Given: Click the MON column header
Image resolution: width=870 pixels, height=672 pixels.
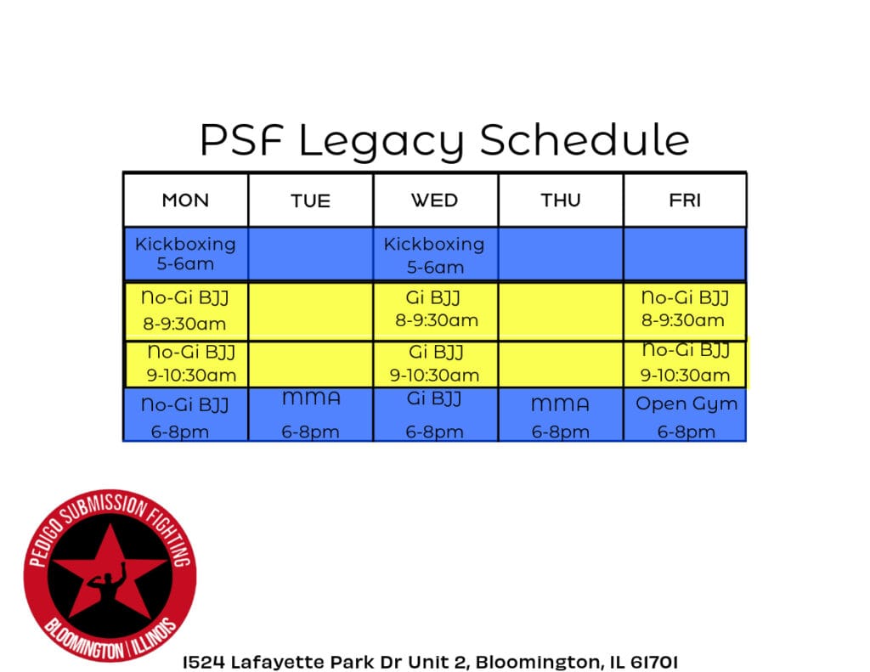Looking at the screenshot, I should (185, 200).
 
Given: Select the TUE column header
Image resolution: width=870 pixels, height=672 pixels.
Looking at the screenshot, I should (310, 201).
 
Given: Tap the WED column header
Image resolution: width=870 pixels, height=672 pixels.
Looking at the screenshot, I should (434, 200).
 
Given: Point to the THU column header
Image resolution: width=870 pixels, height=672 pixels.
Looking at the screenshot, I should (561, 200).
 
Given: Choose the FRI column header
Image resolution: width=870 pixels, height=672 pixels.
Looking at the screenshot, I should (685, 200).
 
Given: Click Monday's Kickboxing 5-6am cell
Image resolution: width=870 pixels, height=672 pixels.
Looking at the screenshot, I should (185, 253).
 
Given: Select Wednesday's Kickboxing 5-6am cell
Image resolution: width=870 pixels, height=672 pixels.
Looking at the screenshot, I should (434, 254).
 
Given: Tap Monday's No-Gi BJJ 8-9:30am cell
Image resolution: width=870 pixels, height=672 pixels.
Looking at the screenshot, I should (185, 310).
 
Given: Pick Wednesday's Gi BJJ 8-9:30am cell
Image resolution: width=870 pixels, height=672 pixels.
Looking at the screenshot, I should (435, 309).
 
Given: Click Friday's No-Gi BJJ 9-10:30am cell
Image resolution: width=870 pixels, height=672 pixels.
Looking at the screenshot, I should (685, 363).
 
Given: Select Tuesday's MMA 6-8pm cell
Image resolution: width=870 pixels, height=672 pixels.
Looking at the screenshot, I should (310, 415).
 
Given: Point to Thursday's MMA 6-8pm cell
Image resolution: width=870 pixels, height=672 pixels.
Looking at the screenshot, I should (561, 416).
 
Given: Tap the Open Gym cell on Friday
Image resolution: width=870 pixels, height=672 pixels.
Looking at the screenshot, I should (686, 416).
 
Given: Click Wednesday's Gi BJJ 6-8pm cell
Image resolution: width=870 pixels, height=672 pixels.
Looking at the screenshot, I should (434, 415).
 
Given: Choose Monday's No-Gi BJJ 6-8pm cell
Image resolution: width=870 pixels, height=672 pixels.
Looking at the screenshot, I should (185, 416).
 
